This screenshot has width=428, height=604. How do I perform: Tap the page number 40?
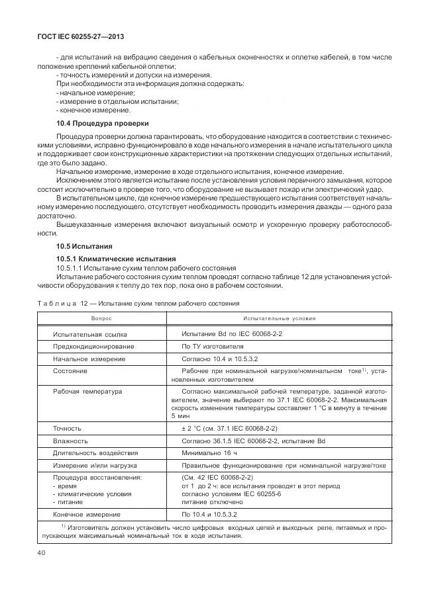tap(42, 552)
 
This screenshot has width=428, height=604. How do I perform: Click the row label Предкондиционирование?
tap(93, 346)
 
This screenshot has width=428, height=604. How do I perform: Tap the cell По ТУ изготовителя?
tap(212, 346)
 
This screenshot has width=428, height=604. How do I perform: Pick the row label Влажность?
tap(71, 440)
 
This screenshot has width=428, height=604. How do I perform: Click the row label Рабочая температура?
tap(87, 392)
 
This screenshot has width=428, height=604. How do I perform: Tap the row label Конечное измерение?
tap(86, 514)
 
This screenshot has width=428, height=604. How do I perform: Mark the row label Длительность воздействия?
tap(95, 453)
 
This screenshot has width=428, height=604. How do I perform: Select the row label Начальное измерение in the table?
tap(89, 359)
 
